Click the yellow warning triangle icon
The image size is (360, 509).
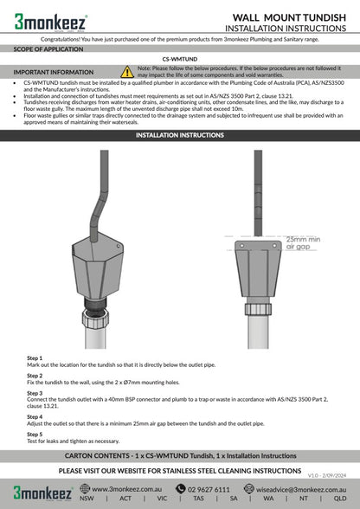pyautogui.click(x=127, y=71)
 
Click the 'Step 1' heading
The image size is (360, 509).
pyautogui.click(x=35, y=358)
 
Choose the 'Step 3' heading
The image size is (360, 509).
pyautogui.click(x=35, y=392)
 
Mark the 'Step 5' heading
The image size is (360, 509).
pyautogui.click(x=35, y=434)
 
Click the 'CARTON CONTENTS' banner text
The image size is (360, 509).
pyautogui.click(x=180, y=454)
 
